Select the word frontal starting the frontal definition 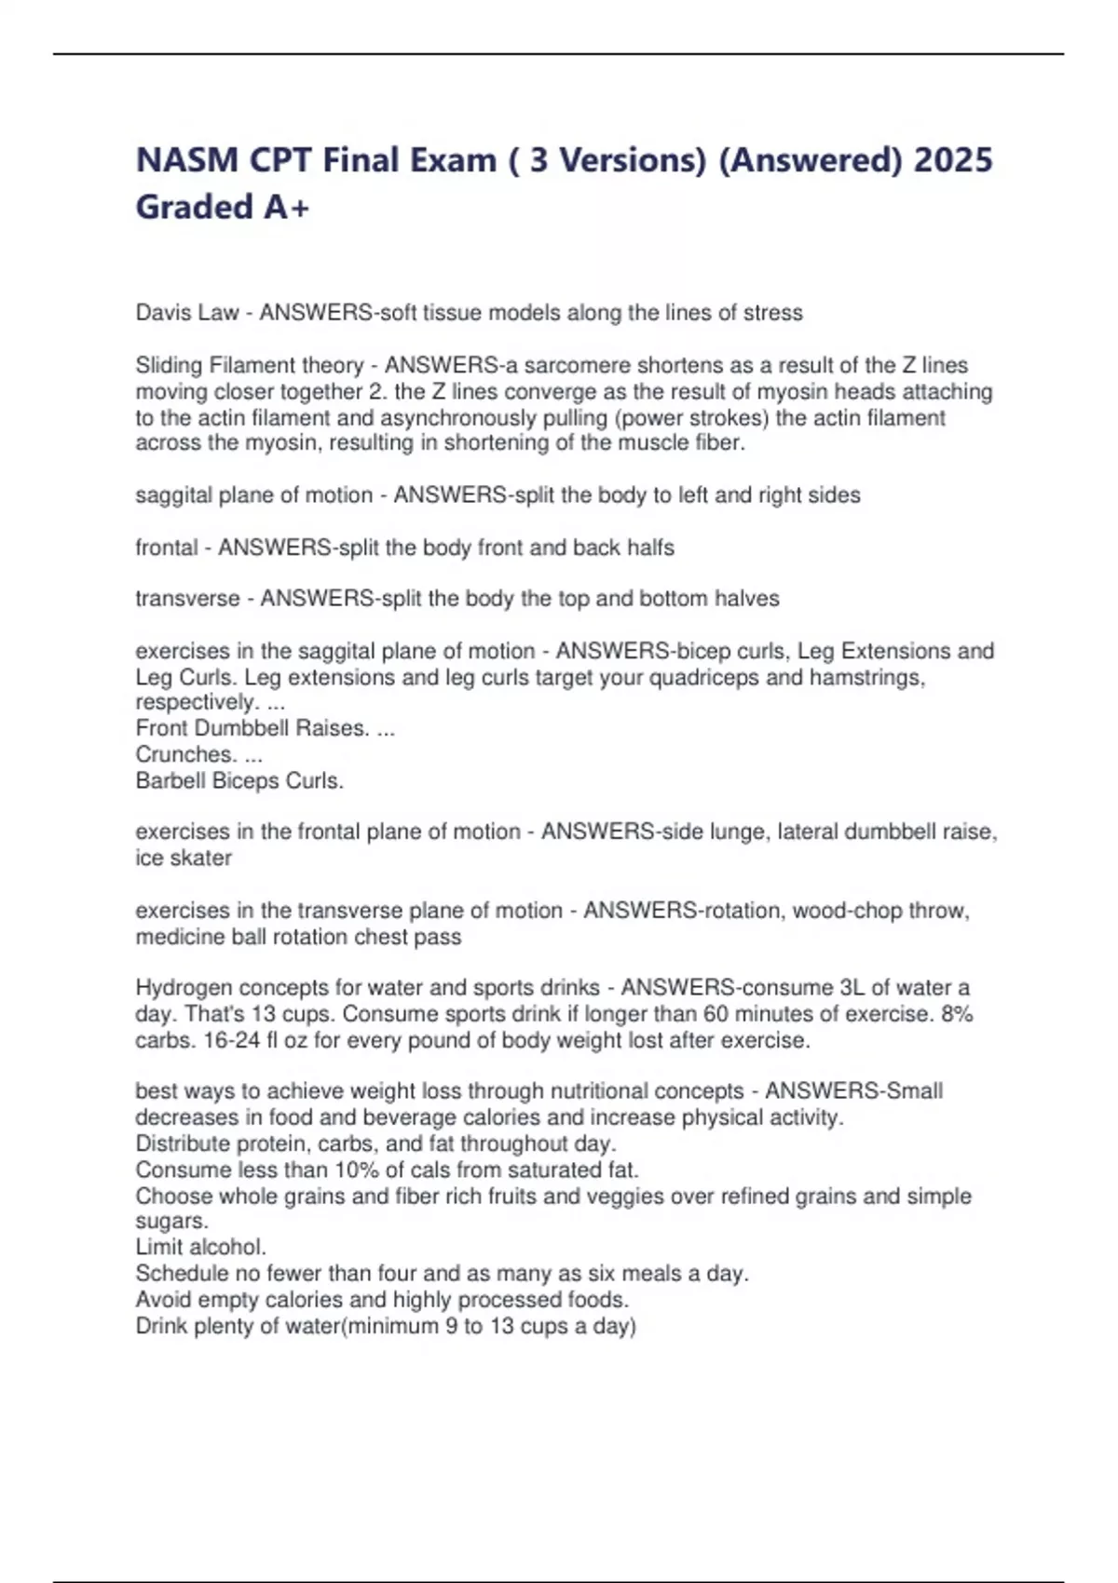pos(166,548)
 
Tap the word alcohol pos(227,1247)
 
